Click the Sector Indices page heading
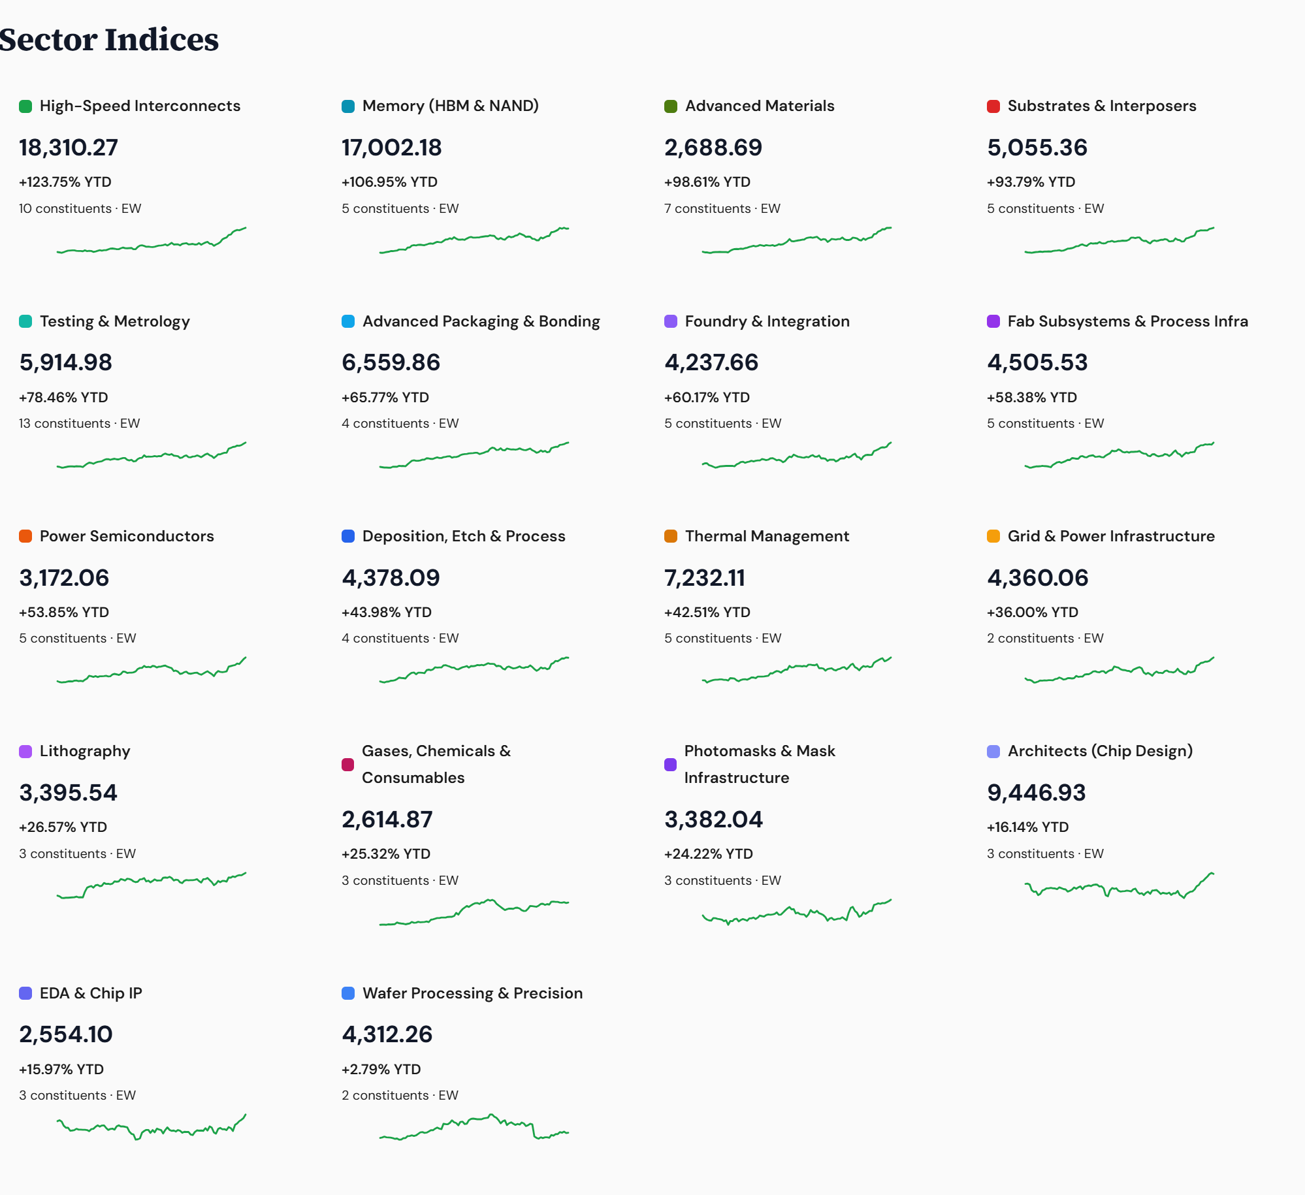108,40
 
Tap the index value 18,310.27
69,148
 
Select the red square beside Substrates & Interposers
993,106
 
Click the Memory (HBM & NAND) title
450,106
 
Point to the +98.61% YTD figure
707,182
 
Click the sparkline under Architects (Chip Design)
1119,887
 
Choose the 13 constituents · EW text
79,423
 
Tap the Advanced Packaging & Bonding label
481,321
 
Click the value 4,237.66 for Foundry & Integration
711,362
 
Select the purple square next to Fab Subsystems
993,321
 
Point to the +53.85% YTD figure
64,613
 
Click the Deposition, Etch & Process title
464,536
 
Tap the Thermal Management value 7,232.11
705,578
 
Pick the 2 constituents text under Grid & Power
1045,638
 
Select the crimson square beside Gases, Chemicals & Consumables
347,765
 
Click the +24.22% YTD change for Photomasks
708,854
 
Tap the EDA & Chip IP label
91,993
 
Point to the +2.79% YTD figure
381,1070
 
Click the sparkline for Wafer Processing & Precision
474,1127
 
